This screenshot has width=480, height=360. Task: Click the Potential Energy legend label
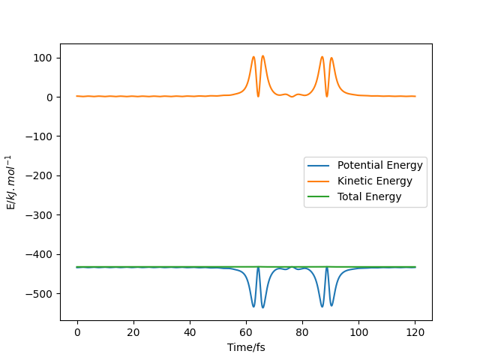coord(380,166)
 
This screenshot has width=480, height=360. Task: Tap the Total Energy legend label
coord(370,197)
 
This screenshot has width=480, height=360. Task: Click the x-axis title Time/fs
coord(246,348)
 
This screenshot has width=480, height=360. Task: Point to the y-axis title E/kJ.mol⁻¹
coord(11,182)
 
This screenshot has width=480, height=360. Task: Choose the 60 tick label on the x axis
coord(246,332)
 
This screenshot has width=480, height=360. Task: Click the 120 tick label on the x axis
coord(415,332)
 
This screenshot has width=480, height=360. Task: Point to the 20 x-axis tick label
coord(133,332)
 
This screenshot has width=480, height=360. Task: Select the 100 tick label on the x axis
coord(358,332)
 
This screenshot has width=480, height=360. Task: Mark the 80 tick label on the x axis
coord(302,332)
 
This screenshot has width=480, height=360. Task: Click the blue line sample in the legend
coord(320,166)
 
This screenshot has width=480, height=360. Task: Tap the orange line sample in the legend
coord(320,181)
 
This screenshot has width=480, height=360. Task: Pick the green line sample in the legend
coord(320,197)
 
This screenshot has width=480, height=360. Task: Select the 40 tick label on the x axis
coord(190,332)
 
